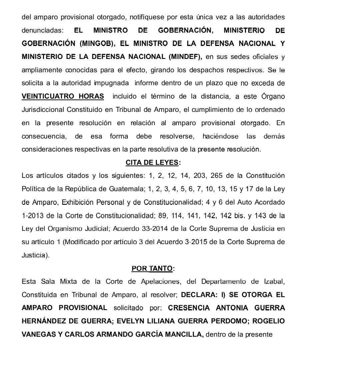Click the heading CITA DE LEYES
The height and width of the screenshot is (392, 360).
click(x=153, y=163)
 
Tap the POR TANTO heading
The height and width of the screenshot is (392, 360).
click(x=152, y=268)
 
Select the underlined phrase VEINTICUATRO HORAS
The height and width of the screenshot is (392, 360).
click(x=63, y=96)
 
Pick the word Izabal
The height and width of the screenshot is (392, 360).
click(x=274, y=281)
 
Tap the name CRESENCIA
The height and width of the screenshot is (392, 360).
click(x=189, y=308)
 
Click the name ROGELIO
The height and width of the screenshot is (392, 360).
click(x=269, y=321)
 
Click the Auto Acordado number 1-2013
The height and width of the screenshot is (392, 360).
click(x=33, y=215)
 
